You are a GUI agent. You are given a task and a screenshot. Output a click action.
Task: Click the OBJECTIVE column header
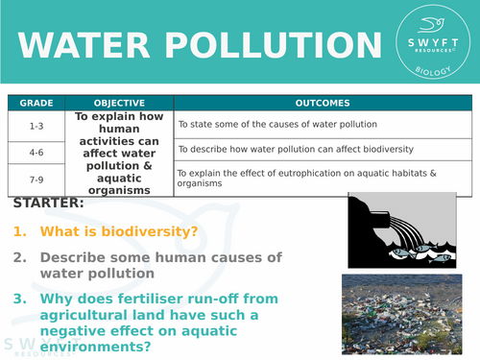[x=119, y=103]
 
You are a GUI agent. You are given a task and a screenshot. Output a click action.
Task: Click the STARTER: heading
[x=49, y=204]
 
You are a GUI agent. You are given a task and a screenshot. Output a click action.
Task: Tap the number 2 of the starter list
[x=19, y=257]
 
